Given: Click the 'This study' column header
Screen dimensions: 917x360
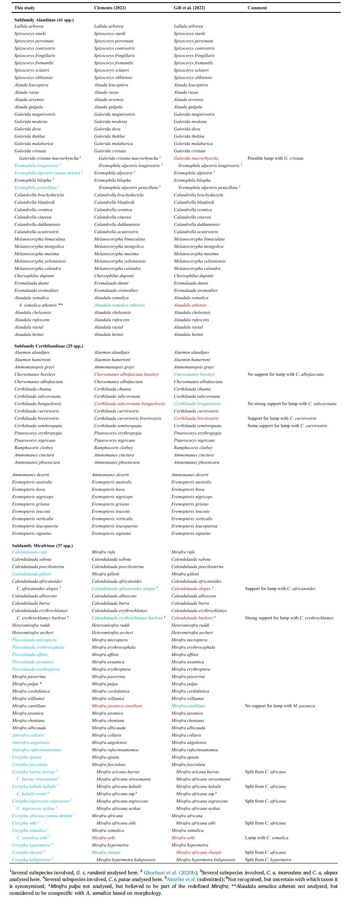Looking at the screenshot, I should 24,8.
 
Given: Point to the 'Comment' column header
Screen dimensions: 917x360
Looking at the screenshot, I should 257,8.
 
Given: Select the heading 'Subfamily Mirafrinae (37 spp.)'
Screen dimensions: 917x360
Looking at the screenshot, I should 42,545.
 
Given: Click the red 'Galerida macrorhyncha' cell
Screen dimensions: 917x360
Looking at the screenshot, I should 196,158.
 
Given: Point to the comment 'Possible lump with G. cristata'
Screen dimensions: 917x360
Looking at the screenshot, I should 276,158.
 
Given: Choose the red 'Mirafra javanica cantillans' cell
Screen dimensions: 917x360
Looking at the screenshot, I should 117,706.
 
